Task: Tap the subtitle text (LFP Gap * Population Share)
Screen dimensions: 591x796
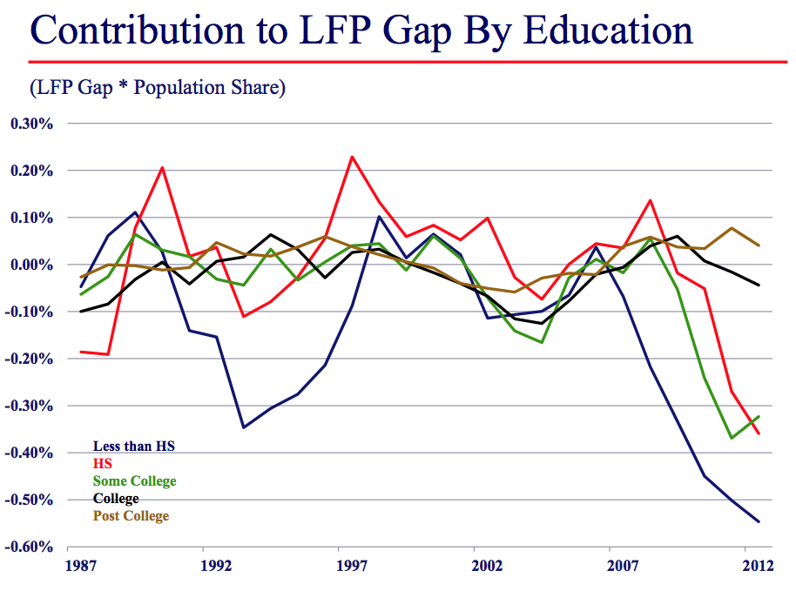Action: [158, 88]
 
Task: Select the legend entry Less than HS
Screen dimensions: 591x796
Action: [134, 447]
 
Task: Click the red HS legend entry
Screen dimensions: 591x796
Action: [102, 464]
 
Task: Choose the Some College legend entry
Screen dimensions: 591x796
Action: [134, 481]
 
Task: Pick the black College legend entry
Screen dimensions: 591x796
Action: [116, 499]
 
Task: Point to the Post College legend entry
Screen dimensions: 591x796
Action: [131, 516]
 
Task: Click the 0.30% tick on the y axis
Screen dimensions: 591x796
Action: [32, 124]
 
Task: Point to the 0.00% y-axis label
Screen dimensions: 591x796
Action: [32, 265]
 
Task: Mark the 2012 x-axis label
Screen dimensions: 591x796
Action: [759, 565]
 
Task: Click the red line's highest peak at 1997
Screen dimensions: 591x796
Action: [352, 158]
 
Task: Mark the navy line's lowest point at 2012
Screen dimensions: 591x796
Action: [759, 521]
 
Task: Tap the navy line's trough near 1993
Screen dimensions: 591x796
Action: [243, 427]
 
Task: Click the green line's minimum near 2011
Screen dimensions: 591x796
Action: [732, 438]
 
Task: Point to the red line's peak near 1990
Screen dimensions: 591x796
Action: [163, 167]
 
